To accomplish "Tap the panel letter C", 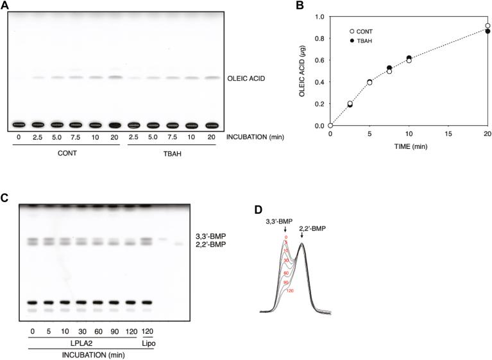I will [x=4, y=198].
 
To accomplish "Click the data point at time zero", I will [x=330, y=125].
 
